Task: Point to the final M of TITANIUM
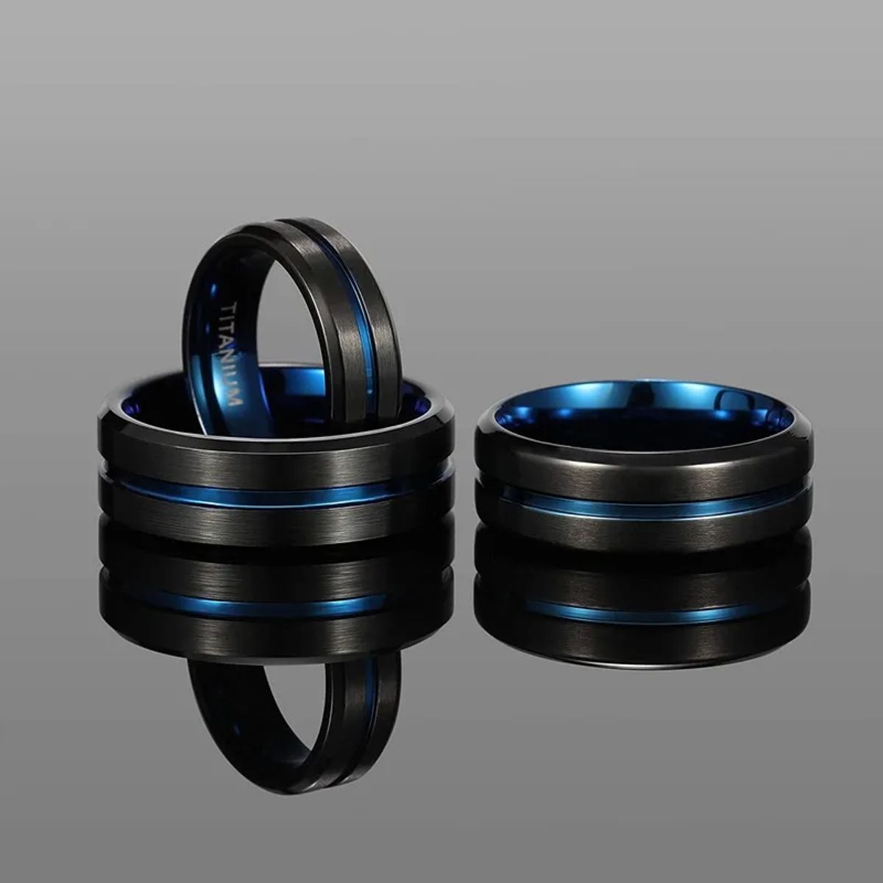tap(236, 400)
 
